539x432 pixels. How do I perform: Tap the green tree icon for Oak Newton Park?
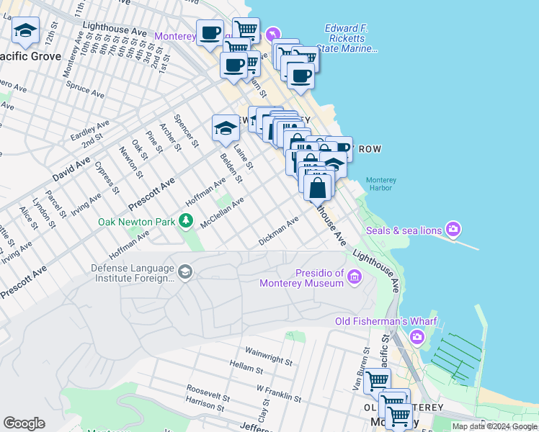point(187,220)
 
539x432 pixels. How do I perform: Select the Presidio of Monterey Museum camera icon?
point(354,276)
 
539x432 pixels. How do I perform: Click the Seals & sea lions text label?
point(404,230)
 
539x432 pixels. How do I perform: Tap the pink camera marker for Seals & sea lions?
point(453,230)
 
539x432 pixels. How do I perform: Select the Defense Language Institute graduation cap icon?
point(185,271)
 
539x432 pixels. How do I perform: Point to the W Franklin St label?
point(279,392)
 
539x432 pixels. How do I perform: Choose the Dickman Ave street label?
point(278,232)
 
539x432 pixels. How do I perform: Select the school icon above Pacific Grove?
point(26,31)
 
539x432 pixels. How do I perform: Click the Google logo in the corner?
point(24,423)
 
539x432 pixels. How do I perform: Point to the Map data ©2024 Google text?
point(494,426)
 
